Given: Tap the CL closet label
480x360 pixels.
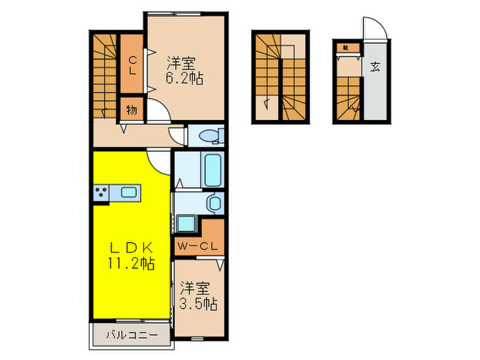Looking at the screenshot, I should pyautogui.click(x=133, y=67).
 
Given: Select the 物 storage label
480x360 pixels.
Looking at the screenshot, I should pyautogui.click(x=131, y=110).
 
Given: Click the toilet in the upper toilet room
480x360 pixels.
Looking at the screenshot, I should pyautogui.click(x=209, y=134).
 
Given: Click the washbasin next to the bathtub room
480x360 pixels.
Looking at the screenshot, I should pyautogui.click(x=215, y=203).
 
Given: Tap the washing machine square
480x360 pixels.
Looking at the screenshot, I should pyautogui.click(x=185, y=224).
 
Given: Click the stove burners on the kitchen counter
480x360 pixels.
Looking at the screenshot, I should pyautogui.click(x=101, y=193).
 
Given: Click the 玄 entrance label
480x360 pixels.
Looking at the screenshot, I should pyautogui.click(x=376, y=67).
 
